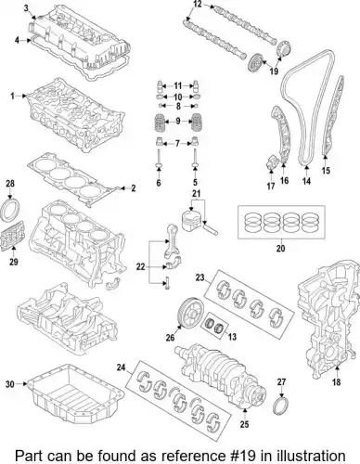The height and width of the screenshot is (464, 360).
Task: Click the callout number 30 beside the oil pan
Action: [x=10, y=384]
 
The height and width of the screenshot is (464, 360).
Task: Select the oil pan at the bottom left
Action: [x=76, y=393]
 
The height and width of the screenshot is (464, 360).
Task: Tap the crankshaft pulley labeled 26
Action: [x=189, y=313]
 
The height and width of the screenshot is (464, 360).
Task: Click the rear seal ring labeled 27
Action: [x=281, y=406]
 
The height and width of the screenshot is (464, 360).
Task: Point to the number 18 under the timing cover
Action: [x=337, y=382]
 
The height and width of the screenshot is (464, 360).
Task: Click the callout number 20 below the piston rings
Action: [x=280, y=248]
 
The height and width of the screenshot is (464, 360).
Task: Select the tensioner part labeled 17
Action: [x=271, y=161]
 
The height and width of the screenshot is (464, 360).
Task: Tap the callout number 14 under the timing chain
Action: [x=306, y=181]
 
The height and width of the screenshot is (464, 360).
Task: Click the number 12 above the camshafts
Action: [x=198, y=4]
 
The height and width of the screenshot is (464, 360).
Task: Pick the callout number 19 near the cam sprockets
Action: [x=274, y=71]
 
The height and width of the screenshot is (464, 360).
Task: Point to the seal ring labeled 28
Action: [x=12, y=210]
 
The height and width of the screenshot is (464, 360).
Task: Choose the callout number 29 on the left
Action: [x=14, y=262]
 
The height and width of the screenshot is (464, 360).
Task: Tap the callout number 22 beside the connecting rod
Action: [x=140, y=266]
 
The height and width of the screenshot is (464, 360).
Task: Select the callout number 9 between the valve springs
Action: [x=178, y=121]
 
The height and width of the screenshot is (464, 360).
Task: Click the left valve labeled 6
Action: [x=159, y=160]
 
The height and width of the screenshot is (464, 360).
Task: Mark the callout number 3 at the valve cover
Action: [x=27, y=8]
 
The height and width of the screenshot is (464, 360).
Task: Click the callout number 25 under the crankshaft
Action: [x=244, y=424]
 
